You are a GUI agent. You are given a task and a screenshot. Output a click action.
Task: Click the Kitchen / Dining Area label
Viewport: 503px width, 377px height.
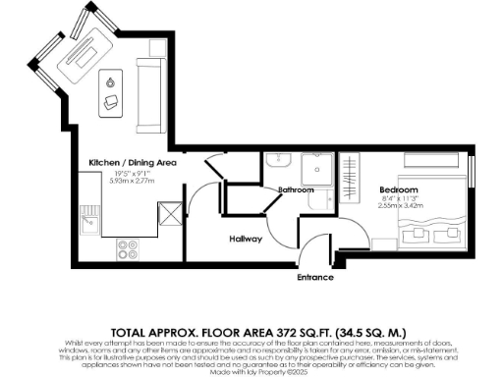point(133,162)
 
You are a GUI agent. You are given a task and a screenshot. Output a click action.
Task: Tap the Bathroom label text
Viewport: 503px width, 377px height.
point(295,188)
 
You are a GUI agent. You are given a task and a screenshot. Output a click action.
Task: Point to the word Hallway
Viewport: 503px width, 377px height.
point(246,237)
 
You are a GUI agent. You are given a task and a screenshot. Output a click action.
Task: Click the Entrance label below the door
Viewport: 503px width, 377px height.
point(315,278)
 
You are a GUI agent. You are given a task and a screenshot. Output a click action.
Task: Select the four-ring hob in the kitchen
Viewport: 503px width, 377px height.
point(128,249)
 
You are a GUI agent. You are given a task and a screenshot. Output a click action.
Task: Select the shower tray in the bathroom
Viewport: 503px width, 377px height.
point(313,168)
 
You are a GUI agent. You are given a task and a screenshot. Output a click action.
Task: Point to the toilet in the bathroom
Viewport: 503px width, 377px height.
point(318,200)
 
